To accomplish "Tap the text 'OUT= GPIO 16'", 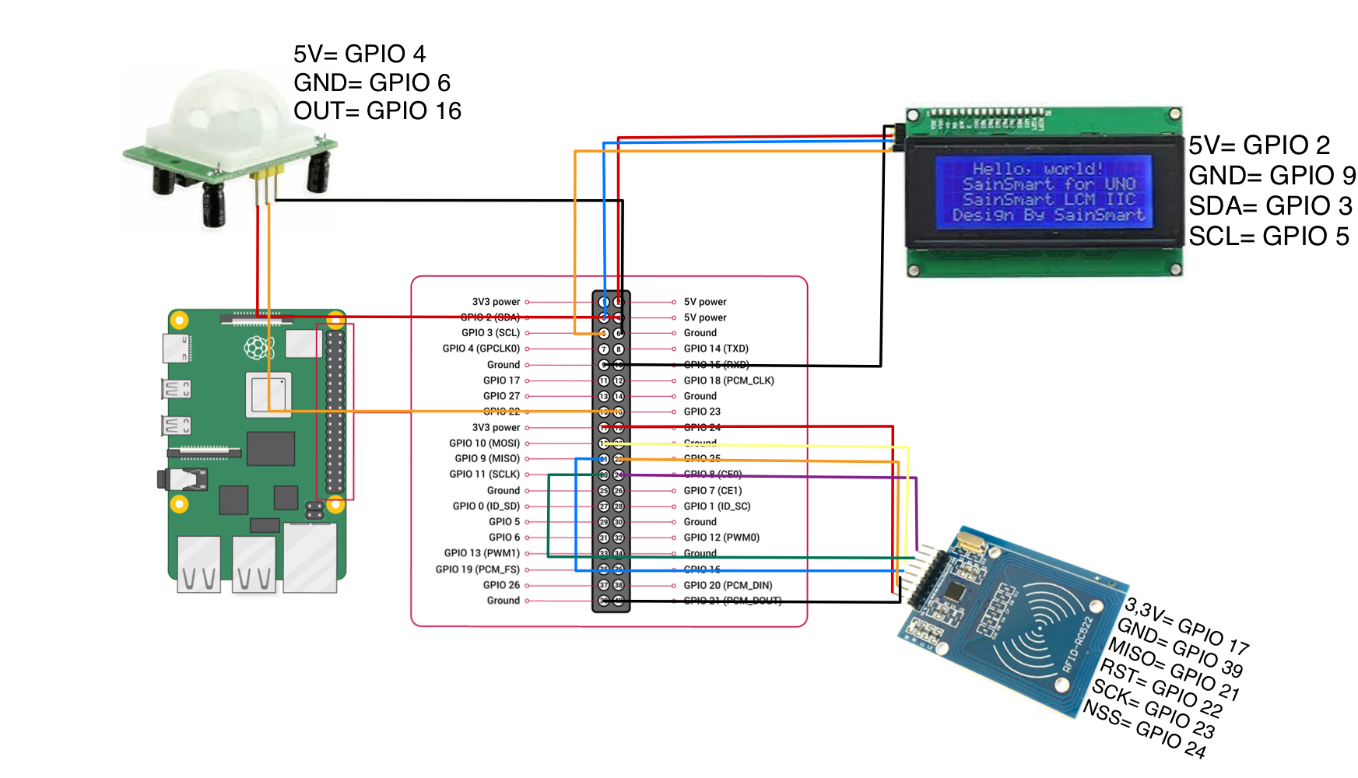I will click(x=377, y=111).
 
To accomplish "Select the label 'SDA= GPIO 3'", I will click(x=1270, y=206).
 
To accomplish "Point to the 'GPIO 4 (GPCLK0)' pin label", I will click(x=481, y=349).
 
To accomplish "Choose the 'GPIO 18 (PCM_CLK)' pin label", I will click(x=728, y=380).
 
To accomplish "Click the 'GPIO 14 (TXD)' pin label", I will click(x=716, y=349).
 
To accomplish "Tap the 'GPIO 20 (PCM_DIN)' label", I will click(x=728, y=585).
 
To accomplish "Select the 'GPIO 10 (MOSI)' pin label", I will click(x=484, y=443).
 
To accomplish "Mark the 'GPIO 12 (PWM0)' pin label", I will click(x=721, y=538).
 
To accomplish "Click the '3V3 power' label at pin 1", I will click(x=496, y=302).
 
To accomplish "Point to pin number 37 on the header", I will click(x=604, y=585).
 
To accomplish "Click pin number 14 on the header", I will click(x=619, y=397).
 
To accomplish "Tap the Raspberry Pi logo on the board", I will click(x=259, y=347).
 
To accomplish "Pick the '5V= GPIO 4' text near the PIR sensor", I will click(x=360, y=54).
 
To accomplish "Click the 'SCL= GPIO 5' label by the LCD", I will click(x=1269, y=237).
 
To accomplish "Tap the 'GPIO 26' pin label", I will click(x=501, y=585).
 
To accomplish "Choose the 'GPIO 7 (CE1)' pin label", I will click(x=713, y=491).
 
